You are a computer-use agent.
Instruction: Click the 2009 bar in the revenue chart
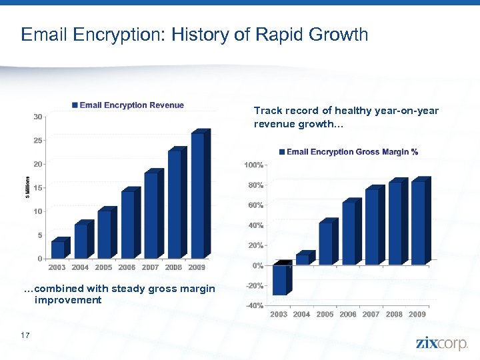click(x=198, y=195)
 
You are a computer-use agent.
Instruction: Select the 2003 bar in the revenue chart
click(x=58, y=249)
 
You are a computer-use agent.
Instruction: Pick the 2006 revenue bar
click(x=128, y=224)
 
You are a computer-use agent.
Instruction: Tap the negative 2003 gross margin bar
click(x=280, y=279)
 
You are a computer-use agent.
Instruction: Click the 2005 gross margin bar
click(x=326, y=243)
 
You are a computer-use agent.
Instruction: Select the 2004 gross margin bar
click(x=303, y=259)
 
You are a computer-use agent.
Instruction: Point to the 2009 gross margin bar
click(x=418, y=223)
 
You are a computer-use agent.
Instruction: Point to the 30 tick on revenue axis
click(x=39, y=117)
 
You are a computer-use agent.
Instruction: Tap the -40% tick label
click(x=253, y=307)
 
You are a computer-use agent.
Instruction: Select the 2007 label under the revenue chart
click(x=151, y=267)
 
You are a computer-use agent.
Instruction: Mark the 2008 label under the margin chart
click(x=394, y=314)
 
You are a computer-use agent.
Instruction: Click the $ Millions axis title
click(x=27, y=187)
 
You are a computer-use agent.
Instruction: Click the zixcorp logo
click(x=442, y=343)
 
